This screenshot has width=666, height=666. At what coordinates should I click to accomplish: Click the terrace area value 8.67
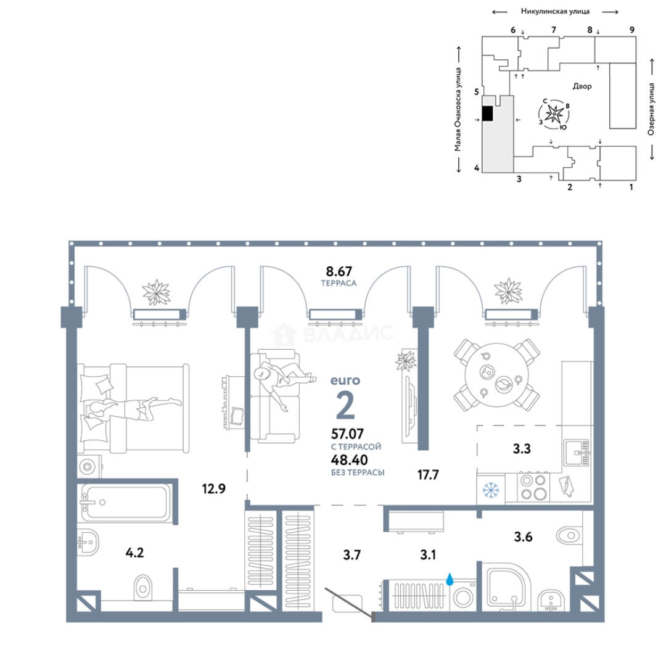click(x=339, y=271)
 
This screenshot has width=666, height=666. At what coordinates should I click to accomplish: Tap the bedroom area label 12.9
click(x=213, y=489)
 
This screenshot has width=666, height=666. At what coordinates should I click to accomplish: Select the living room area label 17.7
click(x=428, y=474)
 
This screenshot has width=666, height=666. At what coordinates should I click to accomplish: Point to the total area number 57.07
click(x=347, y=434)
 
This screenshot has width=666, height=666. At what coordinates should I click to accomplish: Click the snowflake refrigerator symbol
click(x=491, y=490)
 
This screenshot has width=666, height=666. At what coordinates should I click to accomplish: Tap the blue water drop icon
click(x=450, y=578)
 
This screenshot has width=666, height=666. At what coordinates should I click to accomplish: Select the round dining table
click(x=496, y=375)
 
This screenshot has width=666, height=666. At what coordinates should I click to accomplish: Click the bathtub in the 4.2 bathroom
click(x=125, y=501)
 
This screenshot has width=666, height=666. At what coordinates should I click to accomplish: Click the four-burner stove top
click(x=533, y=487)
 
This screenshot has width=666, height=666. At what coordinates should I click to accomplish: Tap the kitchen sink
click(x=577, y=453)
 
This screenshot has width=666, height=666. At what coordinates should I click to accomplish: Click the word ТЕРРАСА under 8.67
click(x=339, y=283)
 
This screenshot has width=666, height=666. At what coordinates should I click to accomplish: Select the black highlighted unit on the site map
click(x=488, y=113)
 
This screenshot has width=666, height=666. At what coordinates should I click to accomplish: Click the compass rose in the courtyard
click(x=554, y=114)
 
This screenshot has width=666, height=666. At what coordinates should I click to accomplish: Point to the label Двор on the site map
click(x=582, y=86)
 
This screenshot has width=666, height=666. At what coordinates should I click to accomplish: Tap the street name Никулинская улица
click(x=555, y=12)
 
